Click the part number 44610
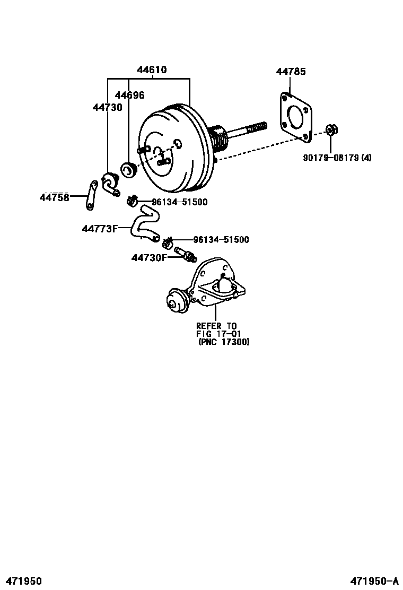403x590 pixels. [152, 70]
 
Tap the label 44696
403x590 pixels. [130, 96]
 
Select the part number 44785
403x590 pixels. [291, 72]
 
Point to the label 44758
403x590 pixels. [54, 197]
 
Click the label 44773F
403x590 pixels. [99, 229]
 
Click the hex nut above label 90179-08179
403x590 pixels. [330, 129]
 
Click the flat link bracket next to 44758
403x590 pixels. [91, 195]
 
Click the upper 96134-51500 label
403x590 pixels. [179, 202]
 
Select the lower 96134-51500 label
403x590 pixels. [221, 240]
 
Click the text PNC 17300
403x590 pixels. [224, 342]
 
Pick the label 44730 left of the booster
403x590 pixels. [107, 107]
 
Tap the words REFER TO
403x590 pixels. [216, 326]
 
